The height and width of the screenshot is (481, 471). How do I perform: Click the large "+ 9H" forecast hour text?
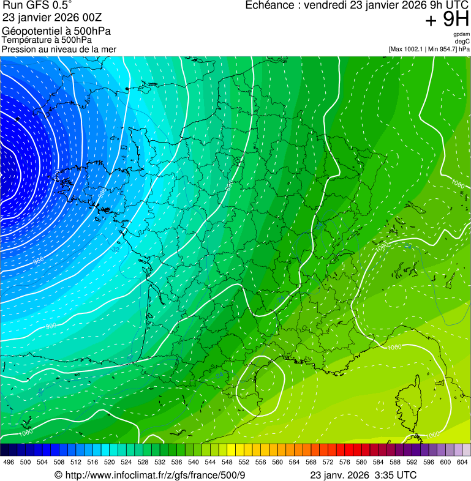pos(447,20)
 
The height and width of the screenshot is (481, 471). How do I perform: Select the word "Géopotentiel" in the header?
pos(30,31)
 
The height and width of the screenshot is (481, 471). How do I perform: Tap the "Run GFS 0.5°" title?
pos(37,7)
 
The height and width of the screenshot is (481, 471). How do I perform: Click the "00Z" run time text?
pos(93,18)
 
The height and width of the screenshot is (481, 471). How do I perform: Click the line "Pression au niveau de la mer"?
pos(59,49)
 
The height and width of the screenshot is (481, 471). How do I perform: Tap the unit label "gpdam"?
pos(461,35)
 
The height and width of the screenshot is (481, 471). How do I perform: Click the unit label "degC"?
pos(462,42)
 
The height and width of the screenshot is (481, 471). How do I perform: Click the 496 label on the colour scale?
pos(9,461)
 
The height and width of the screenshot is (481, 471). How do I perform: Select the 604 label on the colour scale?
pos(462,461)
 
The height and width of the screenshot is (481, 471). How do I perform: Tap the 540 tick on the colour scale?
pos(194,461)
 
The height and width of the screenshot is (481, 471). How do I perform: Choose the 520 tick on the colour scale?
pos(110,461)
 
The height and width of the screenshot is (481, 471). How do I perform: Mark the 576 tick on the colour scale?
pos(345,461)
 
